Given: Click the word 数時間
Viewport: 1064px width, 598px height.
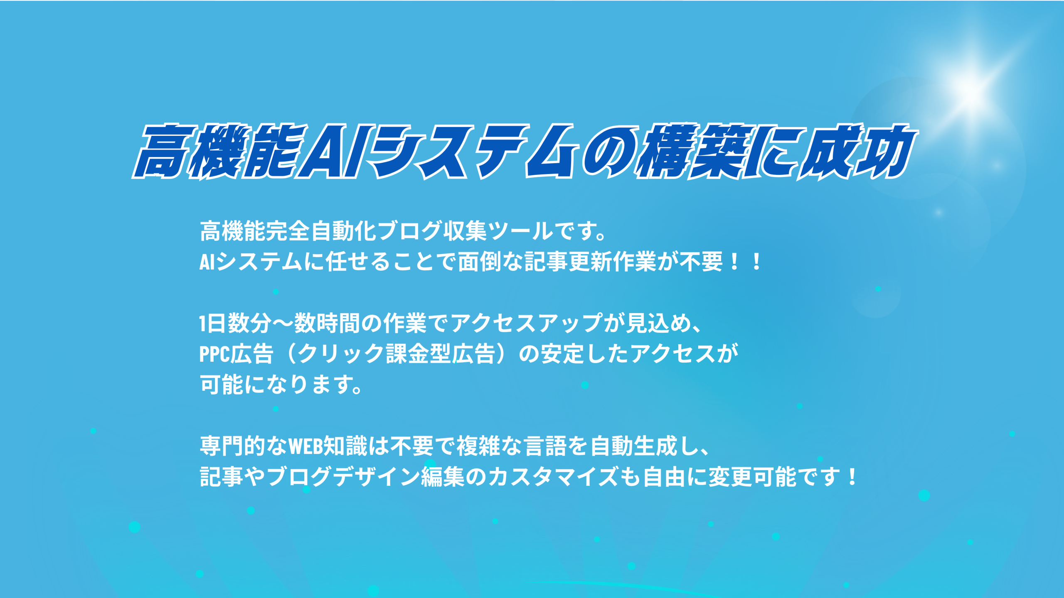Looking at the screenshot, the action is (x=327, y=324).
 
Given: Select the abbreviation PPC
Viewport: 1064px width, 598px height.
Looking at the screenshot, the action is (x=214, y=354).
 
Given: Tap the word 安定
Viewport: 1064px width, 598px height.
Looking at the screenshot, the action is (x=563, y=354).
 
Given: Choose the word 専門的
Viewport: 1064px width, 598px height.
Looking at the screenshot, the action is (x=233, y=446).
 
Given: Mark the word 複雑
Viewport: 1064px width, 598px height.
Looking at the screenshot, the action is (x=478, y=446).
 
